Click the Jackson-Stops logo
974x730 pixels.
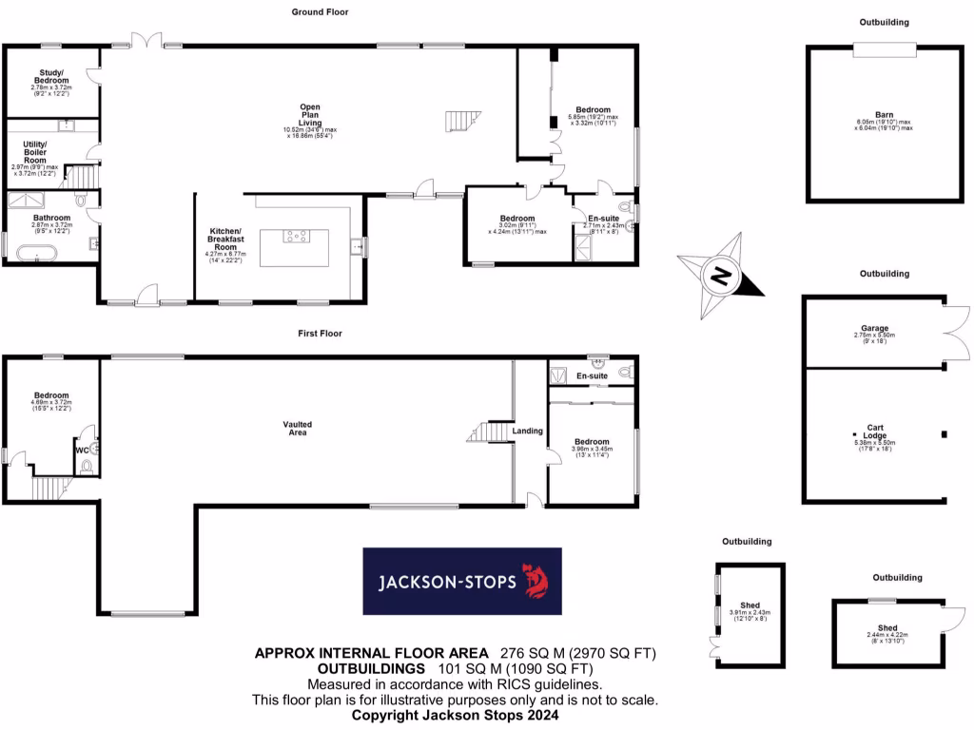pyautogui.click(x=462, y=581)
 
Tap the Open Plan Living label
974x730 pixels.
pyautogui.click(x=310, y=115)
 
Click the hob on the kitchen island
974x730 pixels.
pyautogui.click(x=295, y=238)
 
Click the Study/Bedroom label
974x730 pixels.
pyautogui.click(x=51, y=77)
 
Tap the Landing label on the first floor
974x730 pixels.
pyautogui.click(x=528, y=431)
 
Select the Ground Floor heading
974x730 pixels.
pyautogui.click(x=321, y=12)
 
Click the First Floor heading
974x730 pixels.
pyautogui.click(x=319, y=334)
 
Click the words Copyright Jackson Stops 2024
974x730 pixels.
pyautogui.click(x=454, y=715)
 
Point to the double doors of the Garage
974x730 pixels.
pyautogui.click(x=955, y=330)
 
